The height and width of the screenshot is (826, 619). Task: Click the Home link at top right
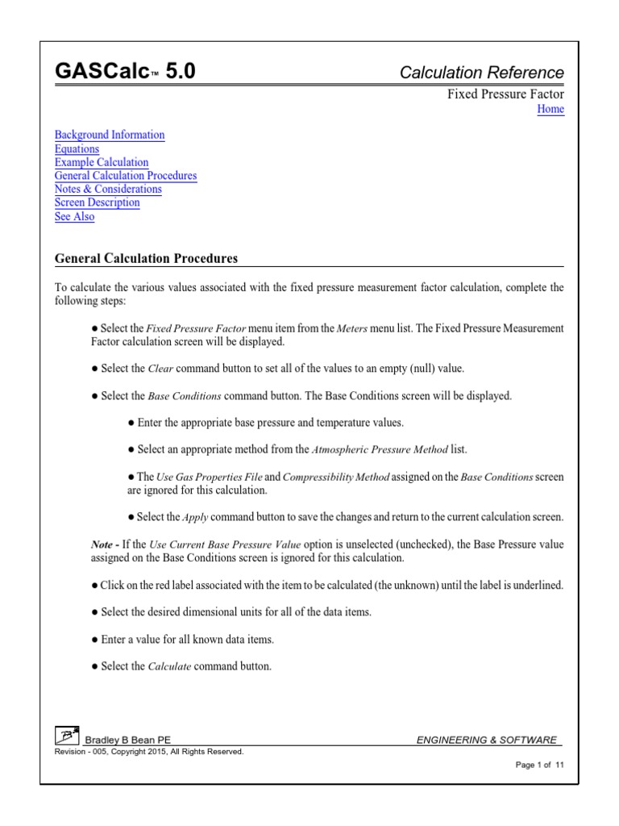(x=550, y=110)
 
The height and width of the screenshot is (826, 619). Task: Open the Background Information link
(x=110, y=136)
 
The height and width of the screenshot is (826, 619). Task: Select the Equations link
(x=77, y=149)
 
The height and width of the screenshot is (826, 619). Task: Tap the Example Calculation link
(x=102, y=163)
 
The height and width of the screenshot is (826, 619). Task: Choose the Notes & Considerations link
(x=108, y=190)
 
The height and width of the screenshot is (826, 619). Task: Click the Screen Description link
(x=97, y=203)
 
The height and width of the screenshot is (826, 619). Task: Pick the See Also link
(x=74, y=217)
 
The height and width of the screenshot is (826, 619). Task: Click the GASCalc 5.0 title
(x=125, y=73)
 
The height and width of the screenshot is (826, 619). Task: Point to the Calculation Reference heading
(x=482, y=73)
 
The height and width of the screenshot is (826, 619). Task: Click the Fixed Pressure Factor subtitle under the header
(x=506, y=94)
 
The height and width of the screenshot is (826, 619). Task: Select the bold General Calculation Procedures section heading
(x=146, y=259)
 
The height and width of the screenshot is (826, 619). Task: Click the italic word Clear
(x=161, y=369)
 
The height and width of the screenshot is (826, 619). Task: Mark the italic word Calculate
(x=168, y=667)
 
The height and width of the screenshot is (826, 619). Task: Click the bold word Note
(x=102, y=544)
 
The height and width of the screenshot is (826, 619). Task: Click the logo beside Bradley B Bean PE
(x=67, y=736)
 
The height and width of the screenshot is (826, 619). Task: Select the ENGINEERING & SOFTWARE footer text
(x=486, y=740)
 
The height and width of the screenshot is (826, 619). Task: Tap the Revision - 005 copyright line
(x=148, y=752)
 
